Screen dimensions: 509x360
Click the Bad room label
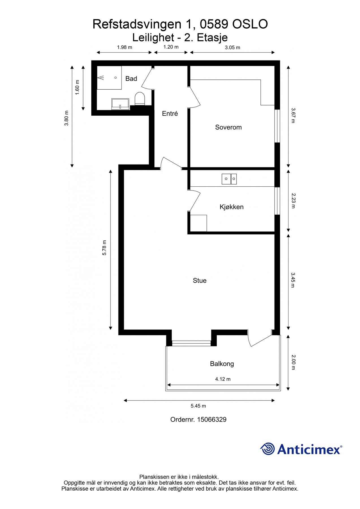click(x=131, y=79)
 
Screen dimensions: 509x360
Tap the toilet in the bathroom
click(x=140, y=99)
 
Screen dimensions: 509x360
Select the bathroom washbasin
click(x=120, y=104)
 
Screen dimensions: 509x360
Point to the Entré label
click(x=170, y=114)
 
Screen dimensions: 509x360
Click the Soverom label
click(x=228, y=127)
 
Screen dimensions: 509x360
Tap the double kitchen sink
click(x=229, y=179)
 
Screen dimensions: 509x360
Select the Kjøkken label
click(x=231, y=207)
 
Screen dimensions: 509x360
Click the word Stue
click(x=199, y=281)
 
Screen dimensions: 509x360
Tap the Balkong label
click(x=222, y=364)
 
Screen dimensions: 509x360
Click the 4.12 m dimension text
click(x=223, y=379)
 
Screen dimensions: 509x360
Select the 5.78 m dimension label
click(x=104, y=248)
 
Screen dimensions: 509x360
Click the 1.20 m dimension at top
click(x=171, y=47)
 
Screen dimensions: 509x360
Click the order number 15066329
click(x=212, y=420)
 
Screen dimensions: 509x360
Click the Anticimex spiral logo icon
click(x=268, y=449)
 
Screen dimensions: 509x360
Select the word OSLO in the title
click(x=250, y=24)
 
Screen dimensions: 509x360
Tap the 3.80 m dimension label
click(x=66, y=118)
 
